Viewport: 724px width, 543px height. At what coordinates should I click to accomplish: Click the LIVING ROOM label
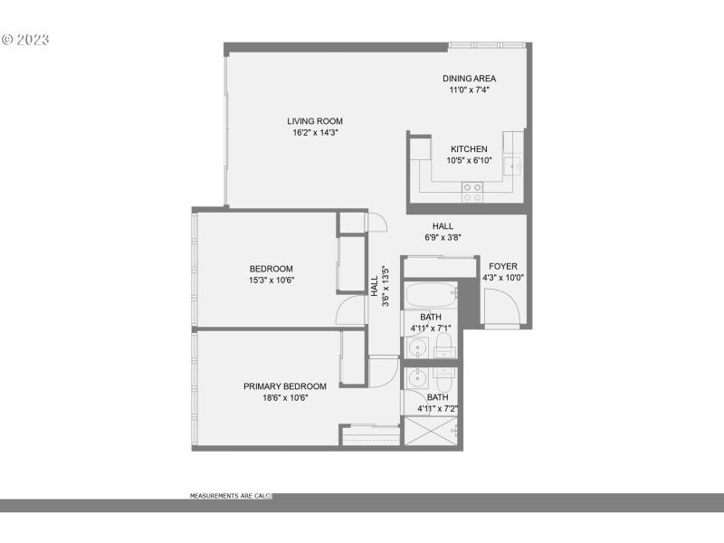[x=315, y=121]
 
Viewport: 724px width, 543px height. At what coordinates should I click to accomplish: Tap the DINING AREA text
[x=469, y=79]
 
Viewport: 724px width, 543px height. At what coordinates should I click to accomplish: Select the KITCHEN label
[x=469, y=149]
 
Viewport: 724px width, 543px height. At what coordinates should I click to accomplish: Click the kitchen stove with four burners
[x=472, y=191]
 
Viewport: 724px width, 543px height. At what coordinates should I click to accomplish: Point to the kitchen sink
[x=513, y=166]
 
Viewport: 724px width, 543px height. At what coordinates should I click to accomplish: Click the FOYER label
[x=502, y=266]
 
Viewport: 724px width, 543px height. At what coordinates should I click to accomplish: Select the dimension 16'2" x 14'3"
[x=315, y=133]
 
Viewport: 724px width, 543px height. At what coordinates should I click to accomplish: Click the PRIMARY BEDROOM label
[x=285, y=386]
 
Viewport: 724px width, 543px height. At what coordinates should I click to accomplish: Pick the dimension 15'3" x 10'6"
[x=271, y=280]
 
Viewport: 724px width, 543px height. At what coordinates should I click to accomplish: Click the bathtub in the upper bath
[x=430, y=296]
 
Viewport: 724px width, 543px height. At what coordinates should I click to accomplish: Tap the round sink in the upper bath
[x=419, y=347]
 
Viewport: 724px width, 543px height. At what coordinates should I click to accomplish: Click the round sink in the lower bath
[x=418, y=377]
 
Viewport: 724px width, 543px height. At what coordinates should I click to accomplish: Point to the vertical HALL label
[x=375, y=285]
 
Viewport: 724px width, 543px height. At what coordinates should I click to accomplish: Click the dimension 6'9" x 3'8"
[x=443, y=238]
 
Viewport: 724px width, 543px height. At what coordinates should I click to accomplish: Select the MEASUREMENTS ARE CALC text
[x=230, y=496]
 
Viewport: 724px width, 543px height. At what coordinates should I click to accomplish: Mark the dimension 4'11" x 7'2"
[x=437, y=408]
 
